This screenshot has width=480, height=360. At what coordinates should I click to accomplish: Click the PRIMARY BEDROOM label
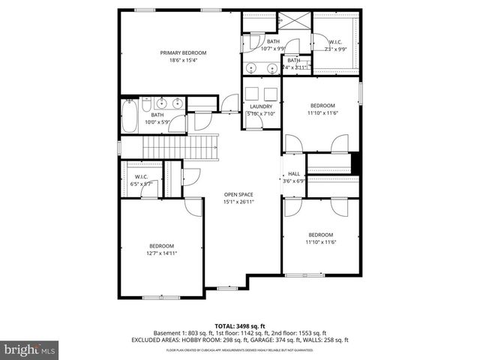pos(183,53)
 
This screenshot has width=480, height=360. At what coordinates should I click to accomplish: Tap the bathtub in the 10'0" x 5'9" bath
pos(131,117)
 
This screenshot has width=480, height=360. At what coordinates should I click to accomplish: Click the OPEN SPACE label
pos(238,194)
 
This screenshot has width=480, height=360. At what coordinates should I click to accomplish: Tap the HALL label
pos(294,174)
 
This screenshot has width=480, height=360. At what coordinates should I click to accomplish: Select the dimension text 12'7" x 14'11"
pos(161,253)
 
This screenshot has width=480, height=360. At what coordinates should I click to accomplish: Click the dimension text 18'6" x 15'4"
pos(183,61)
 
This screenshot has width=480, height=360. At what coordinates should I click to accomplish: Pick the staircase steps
pos(199,147)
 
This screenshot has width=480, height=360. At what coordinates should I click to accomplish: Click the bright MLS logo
pos(30,349)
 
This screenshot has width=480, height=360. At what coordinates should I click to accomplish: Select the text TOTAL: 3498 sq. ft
pos(239,325)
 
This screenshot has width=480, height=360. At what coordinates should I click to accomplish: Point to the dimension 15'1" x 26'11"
pos(238,202)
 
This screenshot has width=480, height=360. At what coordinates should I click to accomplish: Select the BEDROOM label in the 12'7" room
pos(161,246)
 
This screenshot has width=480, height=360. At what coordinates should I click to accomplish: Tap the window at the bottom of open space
pos(227,287)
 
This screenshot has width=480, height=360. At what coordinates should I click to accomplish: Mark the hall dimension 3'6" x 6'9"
pos(294,181)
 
